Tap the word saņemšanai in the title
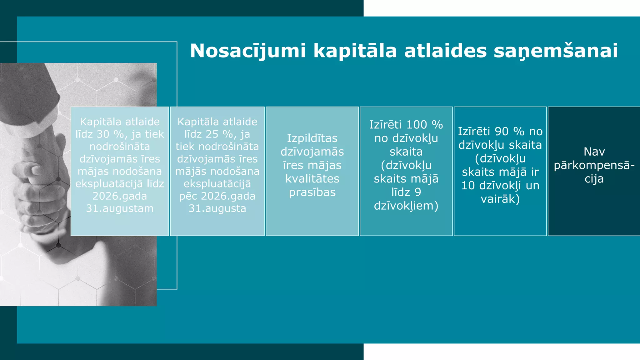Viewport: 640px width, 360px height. coord(556,51)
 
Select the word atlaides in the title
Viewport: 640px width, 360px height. coord(445,51)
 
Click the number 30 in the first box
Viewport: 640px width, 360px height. coord(103,134)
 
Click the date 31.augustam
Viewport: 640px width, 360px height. coord(120,208)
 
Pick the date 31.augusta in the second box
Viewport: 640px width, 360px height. coord(217,208)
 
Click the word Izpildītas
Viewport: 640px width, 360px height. coord(312,138)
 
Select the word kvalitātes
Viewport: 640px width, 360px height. coord(312,179)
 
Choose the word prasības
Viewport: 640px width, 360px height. coord(312,192)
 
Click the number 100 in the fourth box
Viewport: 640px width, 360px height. coord(417,125)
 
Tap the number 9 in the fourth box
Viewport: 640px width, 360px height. coord(418,192)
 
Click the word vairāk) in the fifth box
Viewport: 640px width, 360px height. coord(500,199)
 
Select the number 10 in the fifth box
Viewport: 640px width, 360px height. coord(468,186)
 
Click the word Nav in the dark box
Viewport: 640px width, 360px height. coord(594,152)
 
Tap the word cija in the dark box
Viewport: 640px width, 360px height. coord(594,179)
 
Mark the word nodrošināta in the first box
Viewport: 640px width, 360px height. coord(120,147)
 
